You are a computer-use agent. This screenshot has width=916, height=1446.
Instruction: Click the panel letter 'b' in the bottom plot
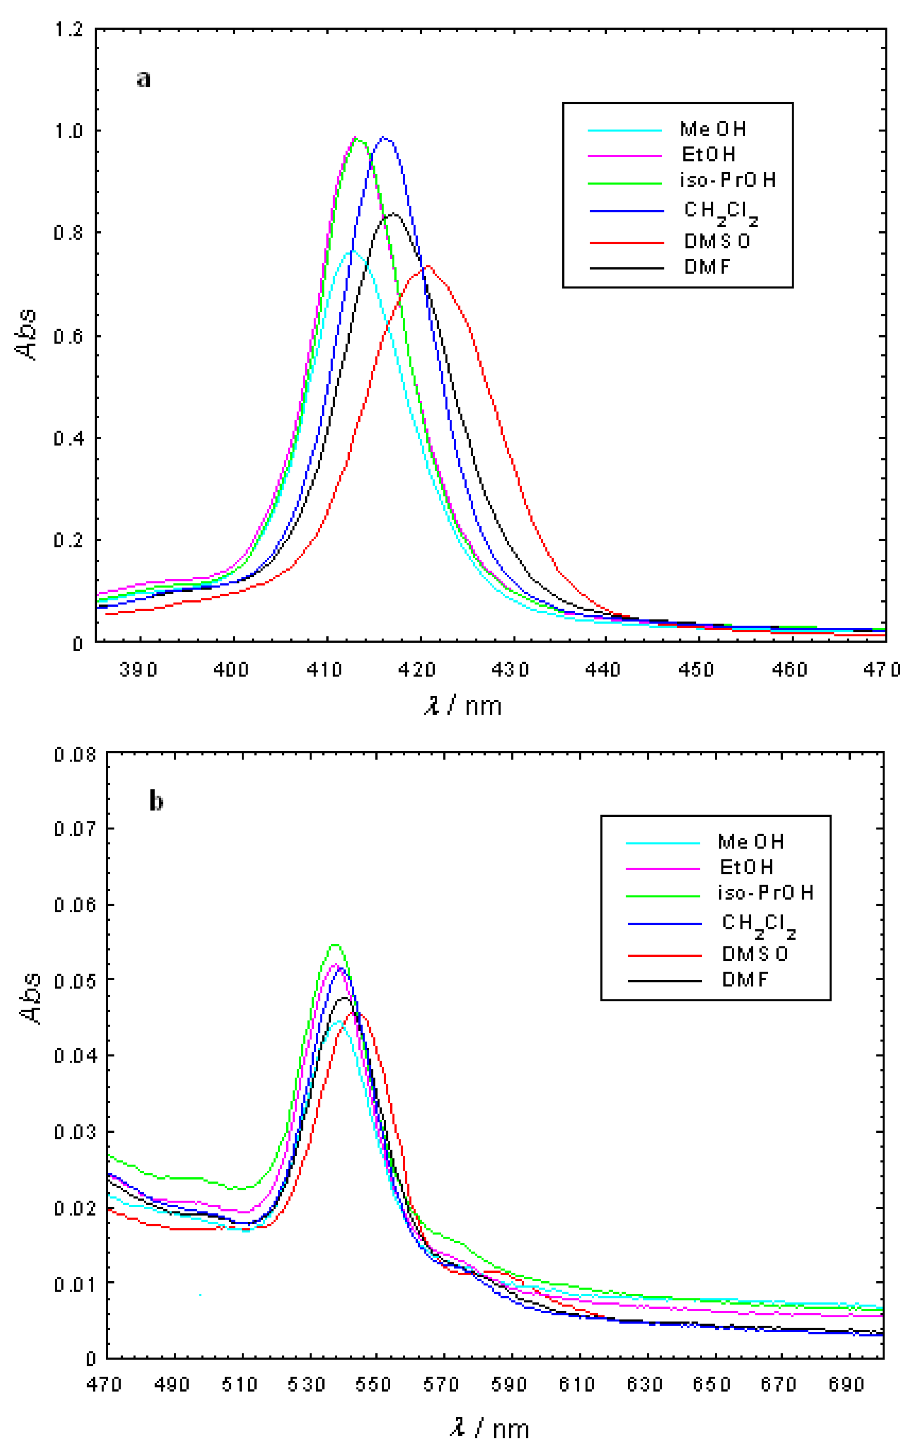[x=156, y=801]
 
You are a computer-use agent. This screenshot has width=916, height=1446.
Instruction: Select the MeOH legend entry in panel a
[x=713, y=129]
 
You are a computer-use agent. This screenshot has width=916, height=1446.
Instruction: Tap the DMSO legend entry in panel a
[x=717, y=241]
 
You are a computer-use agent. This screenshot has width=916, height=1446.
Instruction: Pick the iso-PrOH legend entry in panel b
[x=765, y=893]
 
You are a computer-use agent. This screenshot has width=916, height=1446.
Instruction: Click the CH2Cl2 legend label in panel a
[x=720, y=212]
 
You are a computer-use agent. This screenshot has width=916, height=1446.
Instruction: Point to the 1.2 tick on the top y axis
[x=68, y=29]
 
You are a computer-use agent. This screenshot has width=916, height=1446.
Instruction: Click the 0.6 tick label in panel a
[x=68, y=336]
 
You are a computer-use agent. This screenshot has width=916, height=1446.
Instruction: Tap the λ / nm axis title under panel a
[x=463, y=706]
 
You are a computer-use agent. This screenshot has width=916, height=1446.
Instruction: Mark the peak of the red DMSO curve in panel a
[x=428, y=266]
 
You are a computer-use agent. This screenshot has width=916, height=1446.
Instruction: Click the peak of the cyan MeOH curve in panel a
[x=353, y=250]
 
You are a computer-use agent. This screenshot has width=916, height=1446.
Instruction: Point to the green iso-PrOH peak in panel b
[x=335, y=945]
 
